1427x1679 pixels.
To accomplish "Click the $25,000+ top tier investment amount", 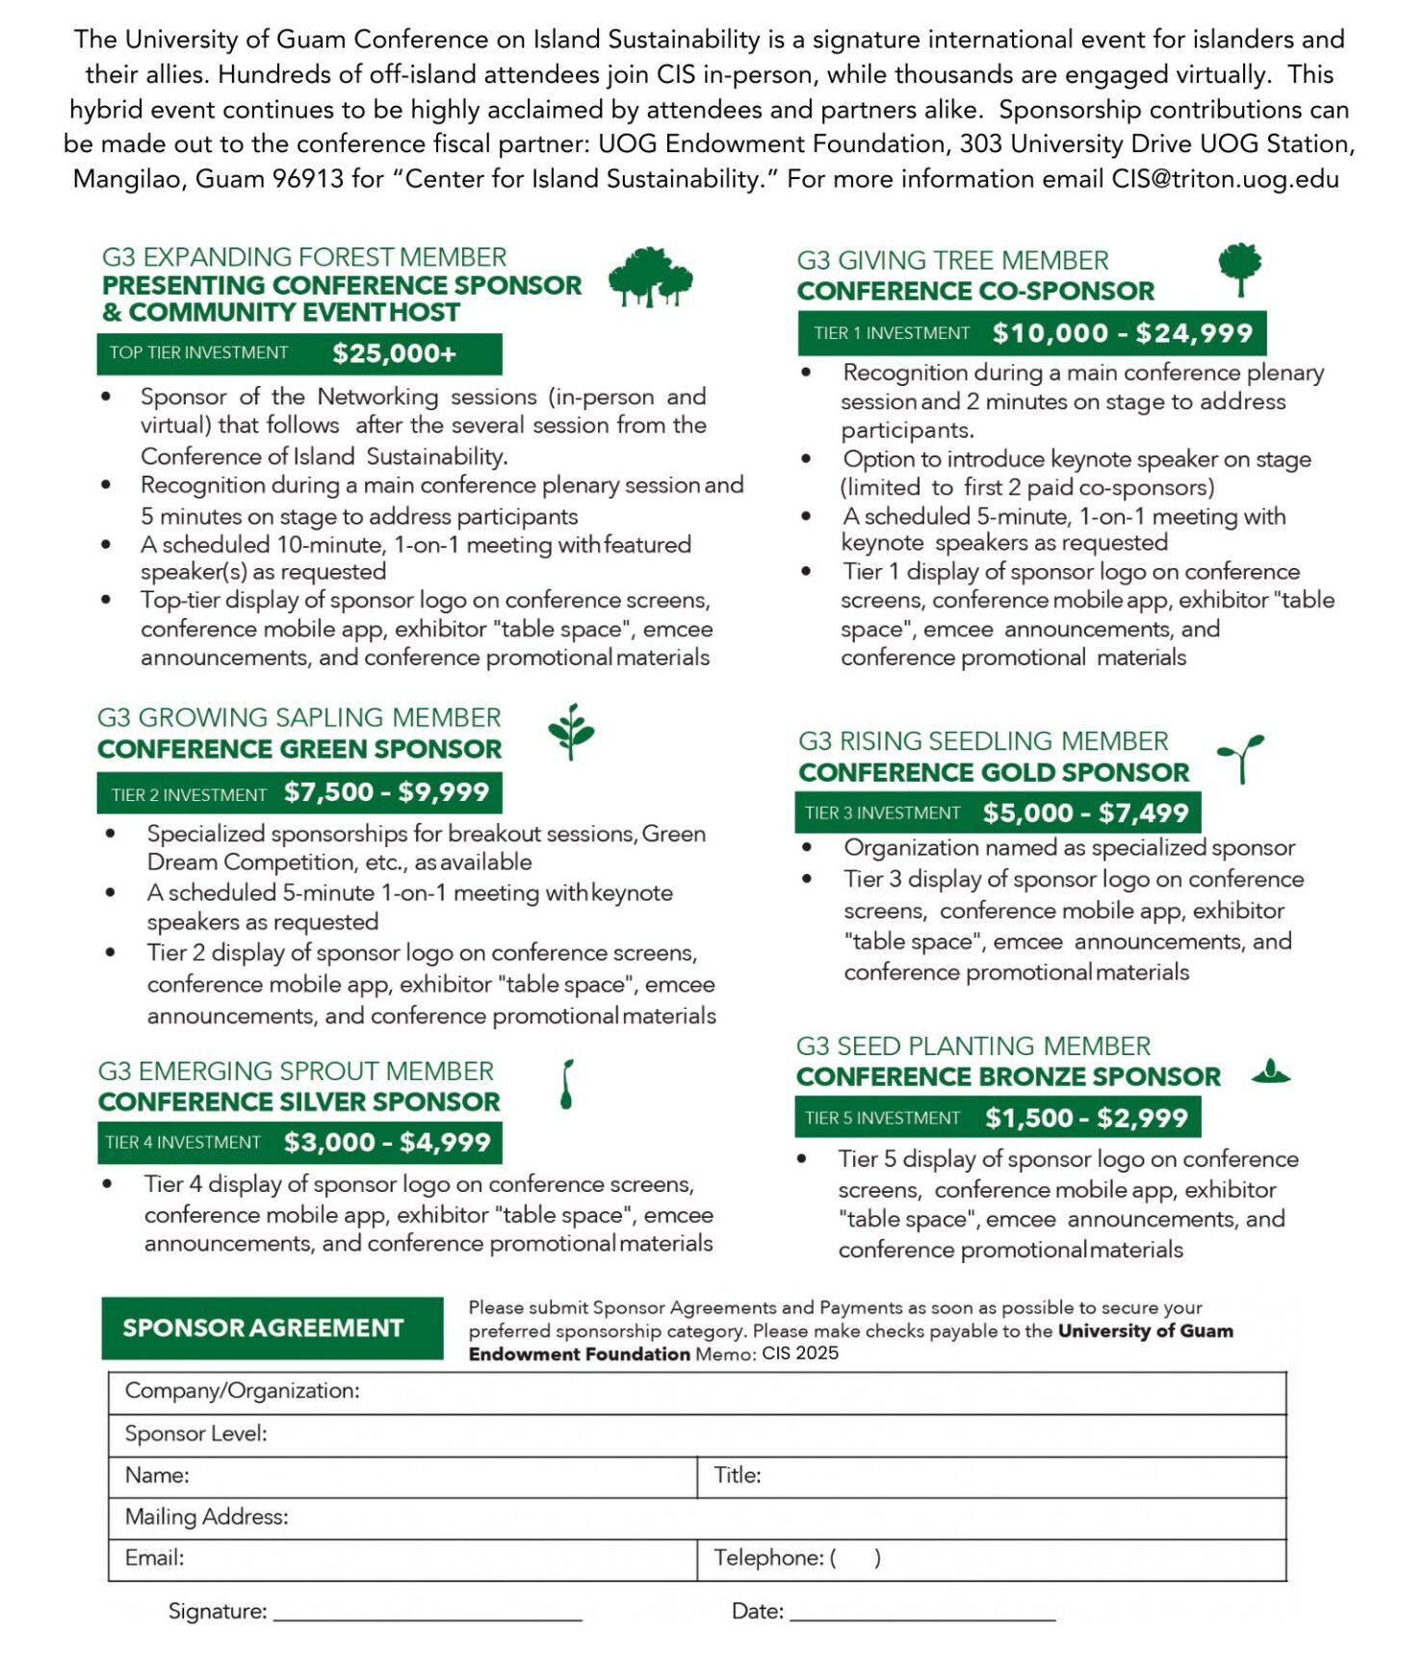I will pyautogui.click(x=394, y=353).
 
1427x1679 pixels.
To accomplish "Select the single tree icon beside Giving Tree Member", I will pyautogui.click(x=1239, y=269).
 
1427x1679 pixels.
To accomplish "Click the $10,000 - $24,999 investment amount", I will pyautogui.click(x=1123, y=333).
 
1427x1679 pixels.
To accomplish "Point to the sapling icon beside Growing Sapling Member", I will pyautogui.click(x=571, y=732).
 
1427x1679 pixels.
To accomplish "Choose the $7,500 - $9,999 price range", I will pyautogui.click(x=387, y=792).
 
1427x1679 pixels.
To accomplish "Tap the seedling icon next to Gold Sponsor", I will pyautogui.click(x=1241, y=759).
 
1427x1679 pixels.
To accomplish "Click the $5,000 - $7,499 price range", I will pyautogui.click(x=1086, y=813).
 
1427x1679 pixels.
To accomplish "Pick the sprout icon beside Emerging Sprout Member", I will pyautogui.click(x=567, y=1085).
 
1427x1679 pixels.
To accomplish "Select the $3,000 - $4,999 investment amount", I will pyautogui.click(x=387, y=1143).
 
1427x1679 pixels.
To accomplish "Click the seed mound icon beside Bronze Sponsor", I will pyautogui.click(x=1271, y=1072).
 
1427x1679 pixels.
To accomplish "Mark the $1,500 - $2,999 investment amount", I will pyautogui.click(x=1086, y=1118).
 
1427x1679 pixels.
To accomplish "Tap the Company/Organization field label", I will pyautogui.click(x=242, y=1391).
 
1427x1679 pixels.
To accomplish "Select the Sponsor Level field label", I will pyautogui.click(x=195, y=1434).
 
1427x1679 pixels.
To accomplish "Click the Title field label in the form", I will pyautogui.click(x=738, y=1475).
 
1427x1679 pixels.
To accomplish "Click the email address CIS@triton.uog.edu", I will pyautogui.click(x=1225, y=179).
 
